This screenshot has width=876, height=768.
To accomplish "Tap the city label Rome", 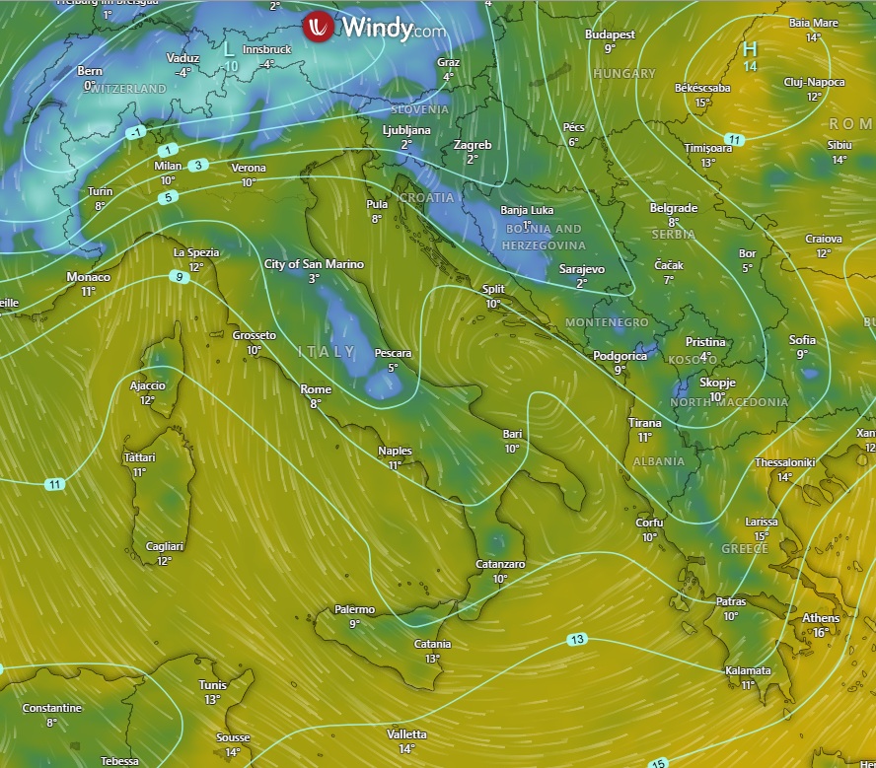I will coord(316,389).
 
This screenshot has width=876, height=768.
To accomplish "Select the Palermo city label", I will coord(354,609).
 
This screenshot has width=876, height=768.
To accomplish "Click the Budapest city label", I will coord(609,35).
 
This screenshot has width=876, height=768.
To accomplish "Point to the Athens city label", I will coord(821,618).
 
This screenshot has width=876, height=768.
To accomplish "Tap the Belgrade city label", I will coord(674,208).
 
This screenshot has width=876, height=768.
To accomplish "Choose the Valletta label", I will coord(406,734).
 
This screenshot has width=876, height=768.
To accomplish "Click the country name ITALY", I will coord(327,351).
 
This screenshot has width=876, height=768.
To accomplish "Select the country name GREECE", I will coord(745,548).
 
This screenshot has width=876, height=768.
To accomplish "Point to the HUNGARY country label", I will coord(624,74).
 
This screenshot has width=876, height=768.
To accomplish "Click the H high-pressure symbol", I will coord(750,49).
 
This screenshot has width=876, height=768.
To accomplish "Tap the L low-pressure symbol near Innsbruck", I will coord(229,48).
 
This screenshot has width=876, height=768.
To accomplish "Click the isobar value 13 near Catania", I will coord(577,640).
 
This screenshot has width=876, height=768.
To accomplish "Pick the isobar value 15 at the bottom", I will coord(658,762).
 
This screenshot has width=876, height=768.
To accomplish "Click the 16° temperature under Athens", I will coord(821,632).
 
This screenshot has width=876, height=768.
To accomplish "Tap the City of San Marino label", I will coord(314,264).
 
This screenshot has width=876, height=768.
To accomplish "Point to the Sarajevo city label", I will coord(581,268).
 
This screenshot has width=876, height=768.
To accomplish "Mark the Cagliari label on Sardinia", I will coord(164,546).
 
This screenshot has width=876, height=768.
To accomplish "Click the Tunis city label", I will coord(212,685).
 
